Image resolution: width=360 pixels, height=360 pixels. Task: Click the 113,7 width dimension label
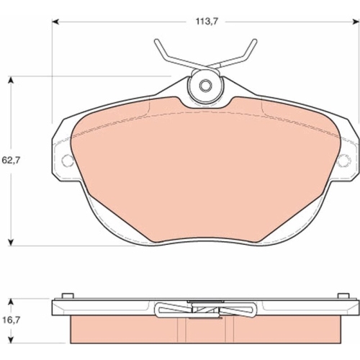pos(207,22)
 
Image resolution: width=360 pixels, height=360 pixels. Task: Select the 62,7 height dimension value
pos(11,160)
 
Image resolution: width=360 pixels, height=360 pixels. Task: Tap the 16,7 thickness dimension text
pos(11,320)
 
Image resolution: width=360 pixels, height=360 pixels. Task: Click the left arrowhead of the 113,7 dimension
pos(55,22)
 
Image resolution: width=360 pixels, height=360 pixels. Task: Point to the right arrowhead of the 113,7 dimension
pos(356,22)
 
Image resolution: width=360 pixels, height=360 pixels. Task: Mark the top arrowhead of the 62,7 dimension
pos(10,80)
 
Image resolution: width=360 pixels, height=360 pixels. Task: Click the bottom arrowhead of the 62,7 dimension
pos(10,242)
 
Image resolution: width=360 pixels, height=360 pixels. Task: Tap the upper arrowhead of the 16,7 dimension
pos(10,302)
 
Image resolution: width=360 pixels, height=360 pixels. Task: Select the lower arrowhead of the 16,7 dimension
pos(10,339)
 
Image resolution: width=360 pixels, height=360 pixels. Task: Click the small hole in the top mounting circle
pos(205,86)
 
